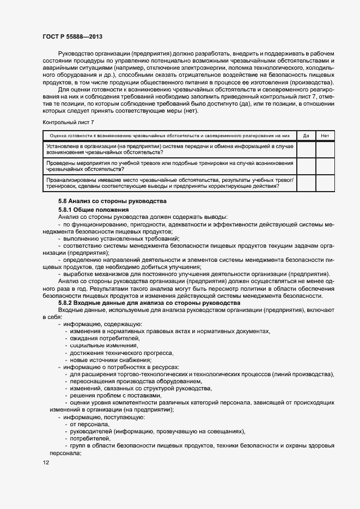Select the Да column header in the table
tap(306, 136)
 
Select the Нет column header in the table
tap(325, 136)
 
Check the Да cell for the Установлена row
tap(306, 150)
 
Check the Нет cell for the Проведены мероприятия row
tap(325, 166)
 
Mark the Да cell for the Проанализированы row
tap(306, 183)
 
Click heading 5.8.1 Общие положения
tap(93, 210)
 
